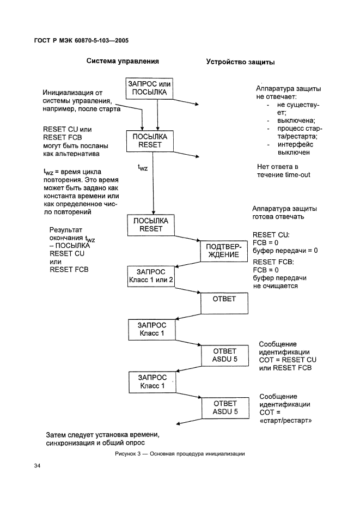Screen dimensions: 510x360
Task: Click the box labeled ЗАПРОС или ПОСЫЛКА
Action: pos(150,89)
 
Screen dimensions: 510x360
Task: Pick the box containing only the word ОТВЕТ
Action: pos(225,303)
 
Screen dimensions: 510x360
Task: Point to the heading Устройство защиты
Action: pos(240,62)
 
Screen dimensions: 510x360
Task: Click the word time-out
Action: pos(291,175)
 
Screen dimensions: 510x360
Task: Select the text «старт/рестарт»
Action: pos(286,421)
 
